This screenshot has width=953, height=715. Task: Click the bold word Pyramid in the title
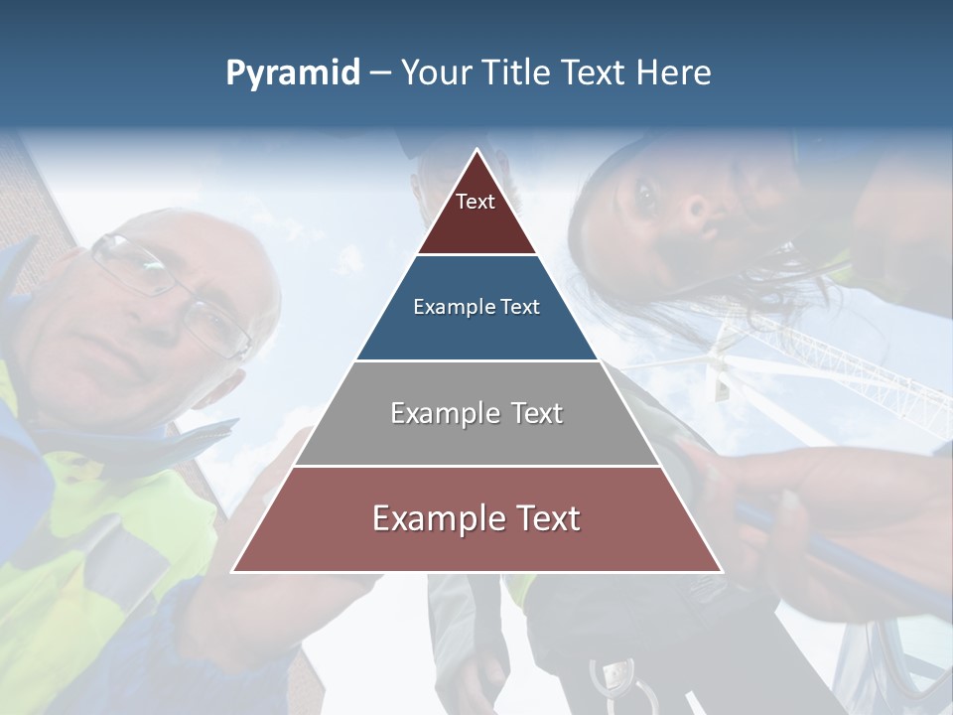click(x=293, y=73)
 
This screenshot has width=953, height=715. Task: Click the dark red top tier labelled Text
click(x=476, y=214)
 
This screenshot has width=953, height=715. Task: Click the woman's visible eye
click(x=645, y=199)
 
